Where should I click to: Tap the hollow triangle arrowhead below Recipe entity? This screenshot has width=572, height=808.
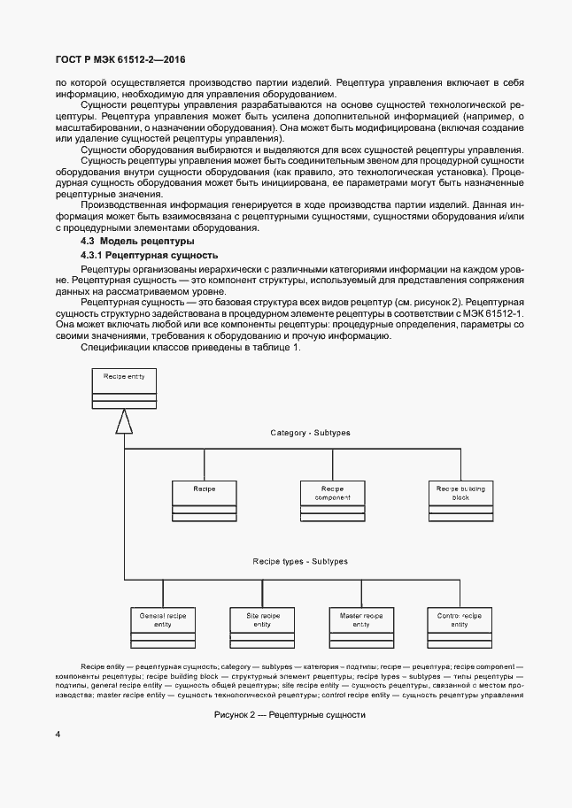tap(124, 424)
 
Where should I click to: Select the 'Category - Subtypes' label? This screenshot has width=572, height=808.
tap(310, 433)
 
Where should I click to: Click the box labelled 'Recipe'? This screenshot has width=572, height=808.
tap(204, 500)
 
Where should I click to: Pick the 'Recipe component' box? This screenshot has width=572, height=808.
tap(332, 500)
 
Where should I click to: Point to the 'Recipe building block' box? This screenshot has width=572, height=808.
tap(460, 500)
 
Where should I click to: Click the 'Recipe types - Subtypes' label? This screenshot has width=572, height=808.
tap(300, 561)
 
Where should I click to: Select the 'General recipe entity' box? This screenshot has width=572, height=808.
tap(162, 627)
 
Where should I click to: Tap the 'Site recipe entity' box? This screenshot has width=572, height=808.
tap(262, 627)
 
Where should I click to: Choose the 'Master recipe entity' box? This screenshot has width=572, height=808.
tap(360, 627)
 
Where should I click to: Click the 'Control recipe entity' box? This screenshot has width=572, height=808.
tap(460, 627)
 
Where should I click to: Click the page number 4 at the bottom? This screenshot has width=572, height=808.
tap(57, 735)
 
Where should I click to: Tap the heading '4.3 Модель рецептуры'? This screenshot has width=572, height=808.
tap(137, 241)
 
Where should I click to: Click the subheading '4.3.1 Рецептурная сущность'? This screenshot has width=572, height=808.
tap(148, 255)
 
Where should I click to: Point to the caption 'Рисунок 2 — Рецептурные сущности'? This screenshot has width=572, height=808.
tap(290, 714)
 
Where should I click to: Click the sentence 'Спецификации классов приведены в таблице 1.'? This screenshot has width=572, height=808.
tap(191, 347)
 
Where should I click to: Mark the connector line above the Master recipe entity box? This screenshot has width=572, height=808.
tap(361, 592)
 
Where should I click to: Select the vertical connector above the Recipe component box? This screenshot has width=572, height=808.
tap(332, 465)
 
